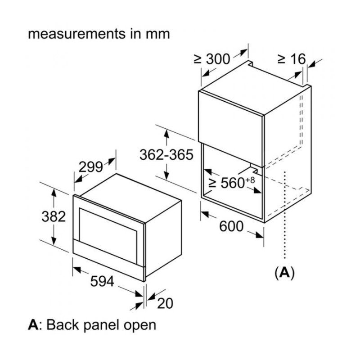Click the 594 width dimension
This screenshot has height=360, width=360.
coord(103,281)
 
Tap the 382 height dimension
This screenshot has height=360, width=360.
coord(54,216)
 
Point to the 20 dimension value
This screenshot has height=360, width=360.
coord(165,303)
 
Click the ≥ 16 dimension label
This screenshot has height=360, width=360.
coord(291,58)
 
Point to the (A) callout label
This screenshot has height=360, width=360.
coord(284,272)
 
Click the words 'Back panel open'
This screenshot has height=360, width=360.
coord(101,324)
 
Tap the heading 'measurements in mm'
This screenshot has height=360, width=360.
coord(99,34)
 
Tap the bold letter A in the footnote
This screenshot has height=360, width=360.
coord(32,324)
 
